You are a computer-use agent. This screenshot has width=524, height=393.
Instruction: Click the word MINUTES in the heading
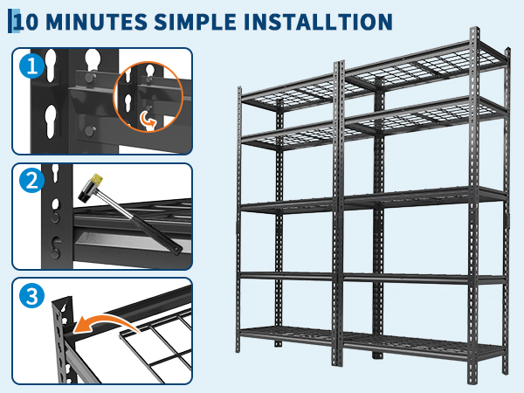pos(97,22)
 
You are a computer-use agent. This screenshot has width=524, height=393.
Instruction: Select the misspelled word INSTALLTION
pos(318,22)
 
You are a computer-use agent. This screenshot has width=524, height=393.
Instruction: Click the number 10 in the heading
pos(27,22)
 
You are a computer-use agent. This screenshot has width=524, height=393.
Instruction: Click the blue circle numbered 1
pos(32,65)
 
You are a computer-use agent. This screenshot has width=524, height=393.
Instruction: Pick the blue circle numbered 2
pos(32,181)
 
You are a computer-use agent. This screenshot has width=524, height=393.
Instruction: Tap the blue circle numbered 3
pos(32,296)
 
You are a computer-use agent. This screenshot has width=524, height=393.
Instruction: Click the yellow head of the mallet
pos(97,178)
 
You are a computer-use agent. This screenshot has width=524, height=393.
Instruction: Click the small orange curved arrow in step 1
pos(148,120)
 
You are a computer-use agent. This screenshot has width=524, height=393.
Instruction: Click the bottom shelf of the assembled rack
pos(372,342)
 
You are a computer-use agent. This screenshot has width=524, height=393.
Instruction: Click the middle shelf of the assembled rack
pos(372,201)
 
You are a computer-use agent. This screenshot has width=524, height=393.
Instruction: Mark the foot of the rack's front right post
pos(473,381)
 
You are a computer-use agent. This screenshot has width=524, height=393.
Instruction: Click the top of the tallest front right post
pos(474,30)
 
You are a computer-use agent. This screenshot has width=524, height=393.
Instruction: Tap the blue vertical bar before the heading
pos(10,21)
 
